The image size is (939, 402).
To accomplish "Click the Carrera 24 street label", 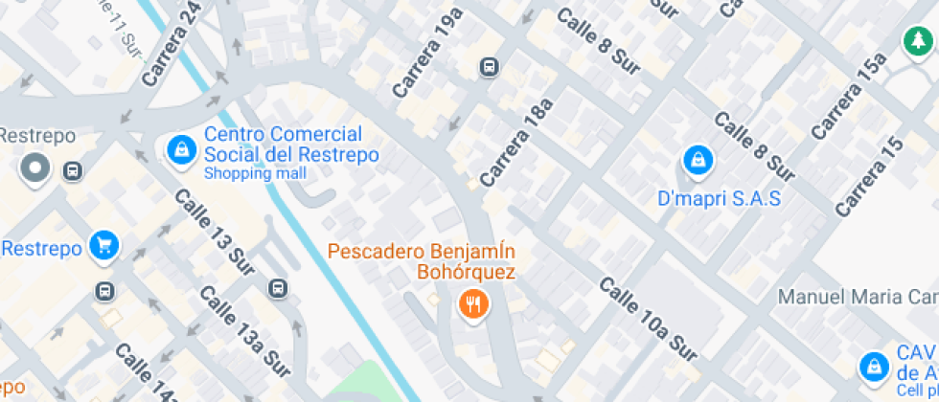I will (x=170, y=46).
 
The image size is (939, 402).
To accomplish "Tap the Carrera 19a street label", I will (x=427, y=52).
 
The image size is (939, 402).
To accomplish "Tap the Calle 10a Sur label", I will (x=647, y=319).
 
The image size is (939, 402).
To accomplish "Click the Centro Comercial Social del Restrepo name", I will (x=290, y=145).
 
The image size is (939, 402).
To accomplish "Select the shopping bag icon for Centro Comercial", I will (x=179, y=149).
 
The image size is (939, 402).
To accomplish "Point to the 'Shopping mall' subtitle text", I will (x=255, y=173).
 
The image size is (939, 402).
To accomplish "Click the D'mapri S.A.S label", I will (x=720, y=199).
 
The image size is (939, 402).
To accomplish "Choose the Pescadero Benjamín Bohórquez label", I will (x=422, y=261).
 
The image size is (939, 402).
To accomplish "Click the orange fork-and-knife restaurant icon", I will (x=472, y=305).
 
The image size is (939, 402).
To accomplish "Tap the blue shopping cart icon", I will (x=103, y=246).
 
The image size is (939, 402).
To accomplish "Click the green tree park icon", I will (x=918, y=41).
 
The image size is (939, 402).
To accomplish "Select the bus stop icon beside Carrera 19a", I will (x=490, y=67).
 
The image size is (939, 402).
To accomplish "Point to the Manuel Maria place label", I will (x=858, y=296).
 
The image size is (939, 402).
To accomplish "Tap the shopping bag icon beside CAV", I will (x=873, y=365).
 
